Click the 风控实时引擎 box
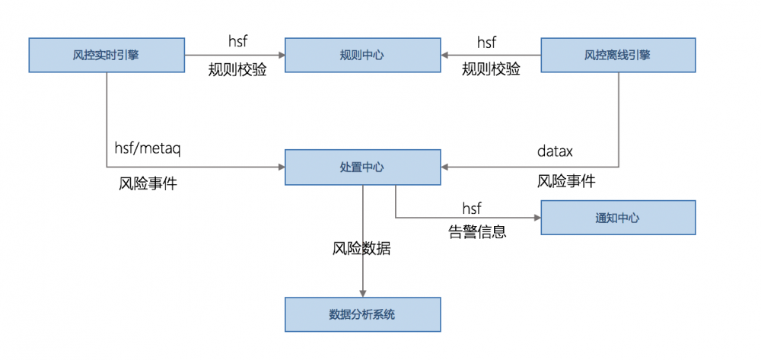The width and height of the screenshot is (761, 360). (107, 55)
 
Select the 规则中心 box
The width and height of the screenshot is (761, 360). (362, 55)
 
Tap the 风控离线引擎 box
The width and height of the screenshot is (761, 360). (618, 55)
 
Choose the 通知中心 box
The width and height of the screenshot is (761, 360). (618, 218)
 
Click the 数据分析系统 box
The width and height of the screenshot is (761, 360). (362, 314)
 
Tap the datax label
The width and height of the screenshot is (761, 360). (555, 152)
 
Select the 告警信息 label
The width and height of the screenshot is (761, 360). (477, 231)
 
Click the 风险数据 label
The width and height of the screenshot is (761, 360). (361, 248)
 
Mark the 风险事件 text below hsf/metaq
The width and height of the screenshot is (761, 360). (148, 183)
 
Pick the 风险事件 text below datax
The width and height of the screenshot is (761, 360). (566, 181)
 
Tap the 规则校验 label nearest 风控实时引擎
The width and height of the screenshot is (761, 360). (237, 71)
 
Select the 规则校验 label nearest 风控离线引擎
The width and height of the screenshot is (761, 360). (491, 69)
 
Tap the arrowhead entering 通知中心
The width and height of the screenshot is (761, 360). (536, 218)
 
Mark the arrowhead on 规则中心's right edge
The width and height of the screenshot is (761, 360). (445, 55)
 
